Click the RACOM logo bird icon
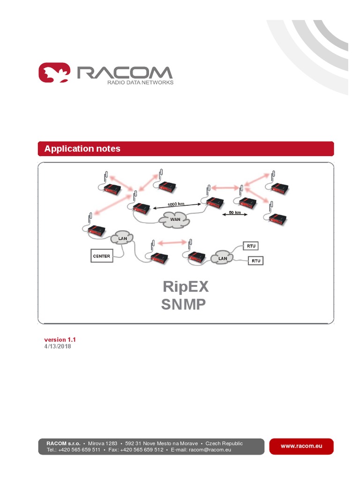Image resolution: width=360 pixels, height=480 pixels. tap(54, 74)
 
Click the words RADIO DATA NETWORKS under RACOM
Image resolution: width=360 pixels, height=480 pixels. tap(141, 82)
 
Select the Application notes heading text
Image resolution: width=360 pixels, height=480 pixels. tap(82, 149)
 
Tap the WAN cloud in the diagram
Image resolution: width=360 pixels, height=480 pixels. tap(175, 219)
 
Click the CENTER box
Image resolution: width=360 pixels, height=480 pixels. tap(102, 256)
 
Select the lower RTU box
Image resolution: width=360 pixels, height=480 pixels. tap(255, 261)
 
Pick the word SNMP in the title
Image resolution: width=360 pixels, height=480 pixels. tap(183, 304)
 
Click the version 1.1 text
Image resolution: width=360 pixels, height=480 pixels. tap(60, 339)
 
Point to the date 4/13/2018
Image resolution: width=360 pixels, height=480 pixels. tap(58, 346)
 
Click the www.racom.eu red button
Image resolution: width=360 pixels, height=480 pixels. tap(301, 446)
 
